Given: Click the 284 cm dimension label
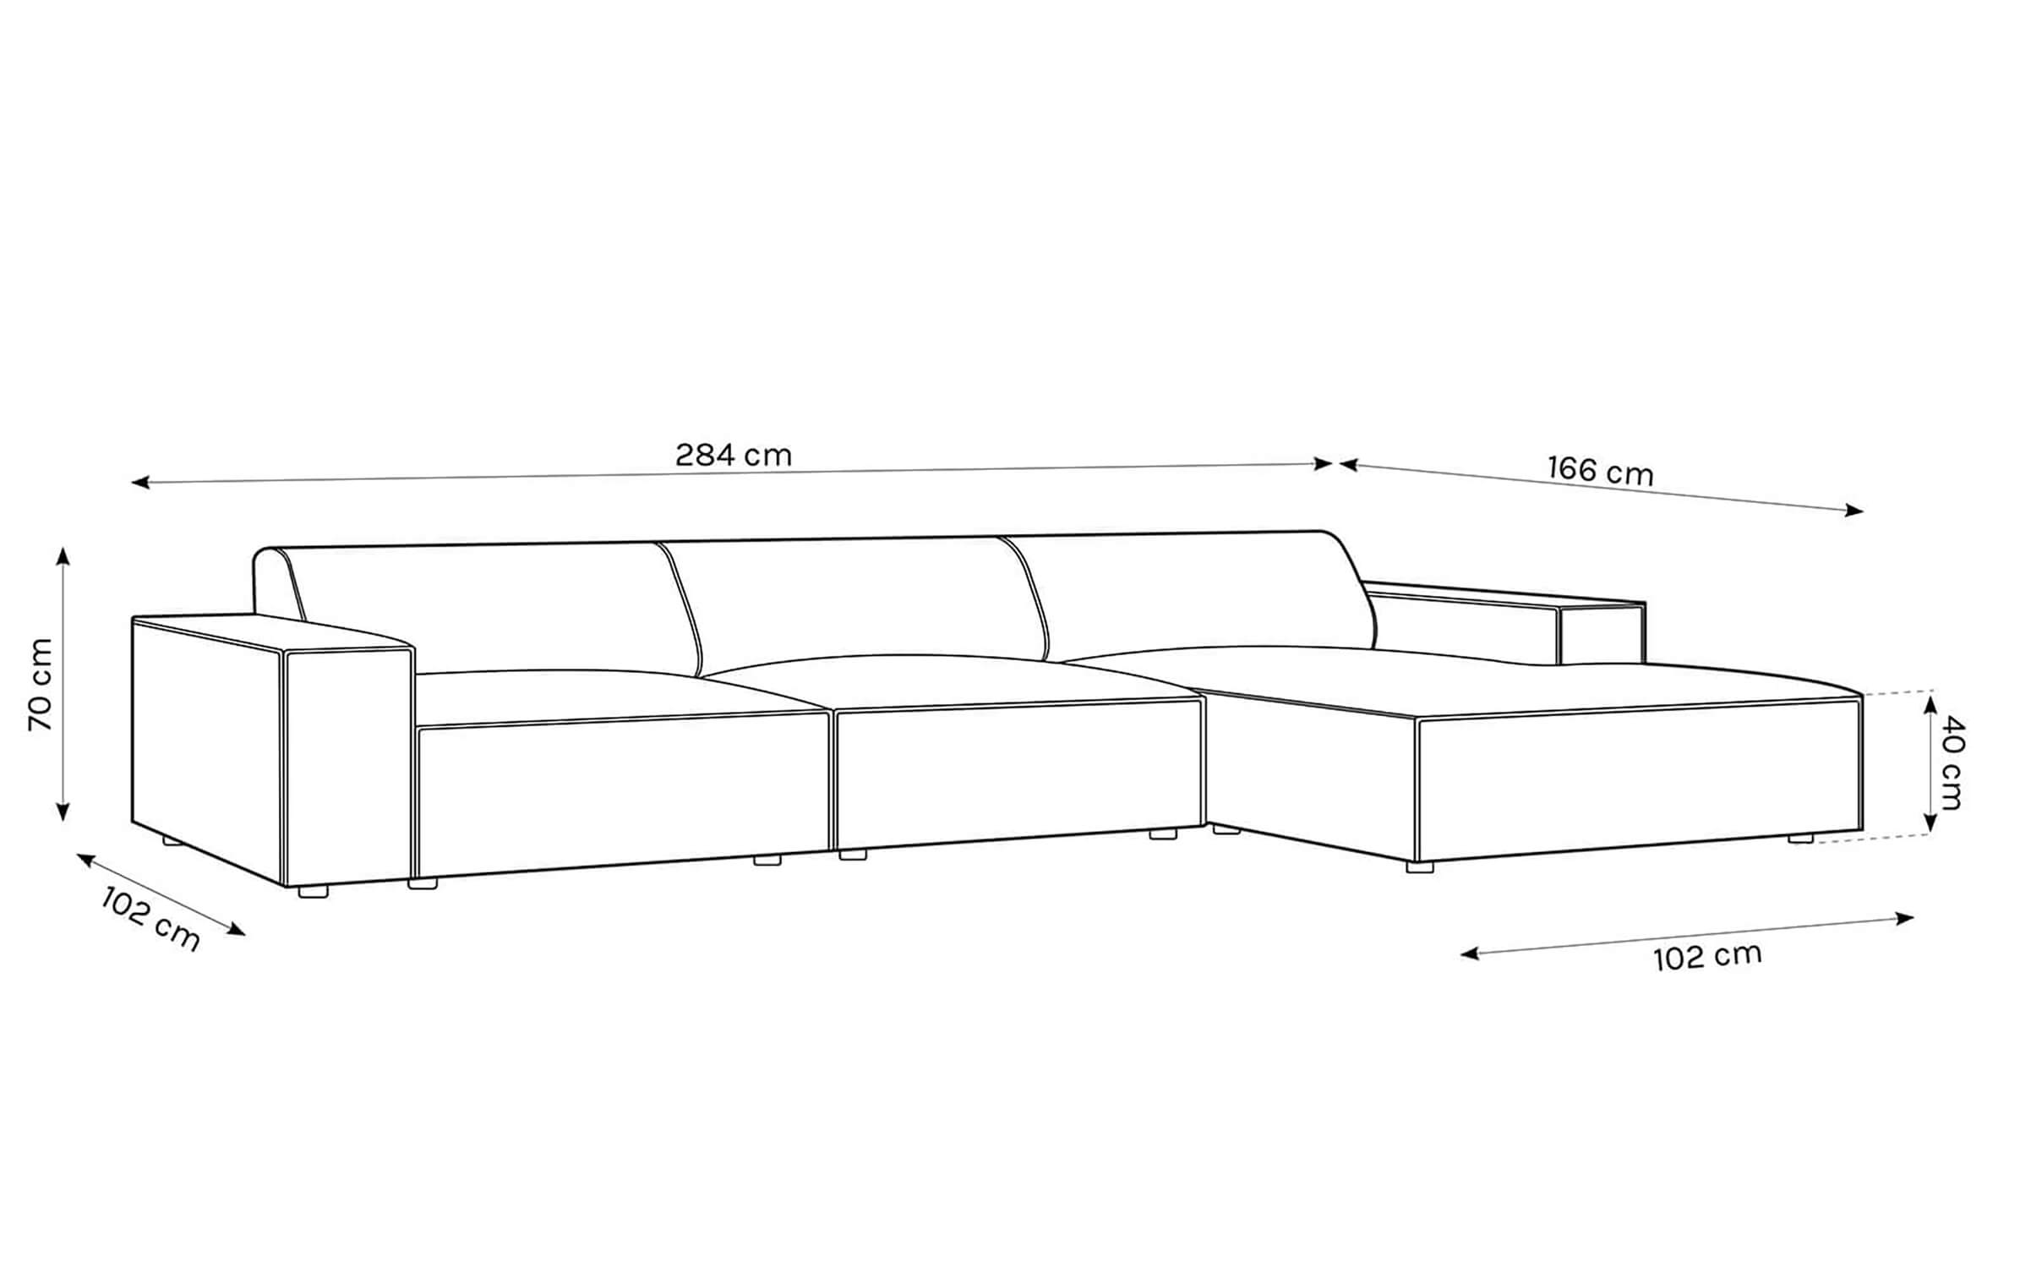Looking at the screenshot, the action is (x=734, y=456).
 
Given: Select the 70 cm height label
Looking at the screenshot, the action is (x=41, y=685).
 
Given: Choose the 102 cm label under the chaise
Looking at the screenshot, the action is (x=1707, y=957).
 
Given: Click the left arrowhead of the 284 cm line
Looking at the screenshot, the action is (x=139, y=483).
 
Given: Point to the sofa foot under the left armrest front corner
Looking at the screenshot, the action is (x=313, y=891).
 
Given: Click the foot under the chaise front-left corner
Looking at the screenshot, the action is (x=1420, y=867).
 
